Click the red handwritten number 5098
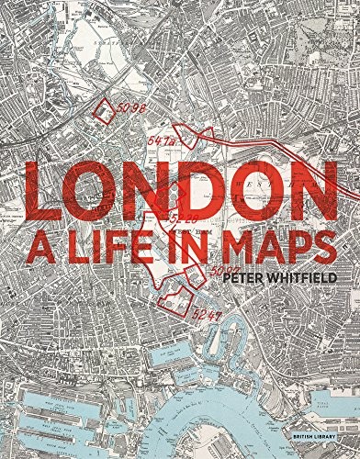pos(130,107)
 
